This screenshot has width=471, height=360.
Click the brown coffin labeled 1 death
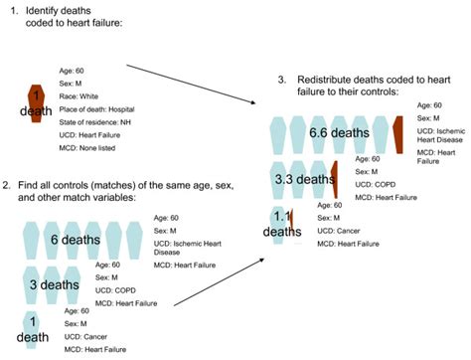coord(37,102)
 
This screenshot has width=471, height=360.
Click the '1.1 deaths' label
coord(284,224)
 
